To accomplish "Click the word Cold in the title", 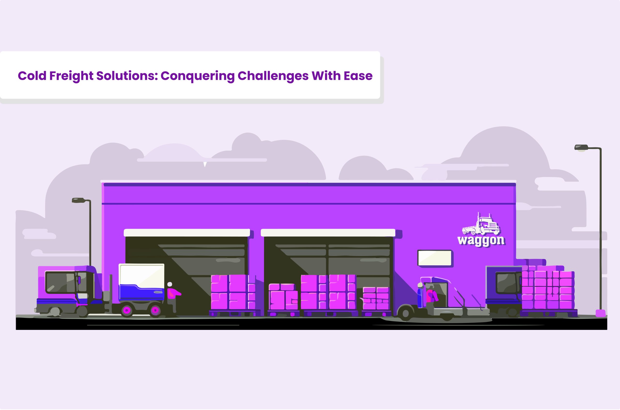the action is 32,76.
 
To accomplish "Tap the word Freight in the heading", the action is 71,76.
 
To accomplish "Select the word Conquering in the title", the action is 197,76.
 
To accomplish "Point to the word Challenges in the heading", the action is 273,76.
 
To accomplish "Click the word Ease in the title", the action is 358,76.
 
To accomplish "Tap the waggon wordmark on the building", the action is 481,240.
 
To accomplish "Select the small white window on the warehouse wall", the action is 434,258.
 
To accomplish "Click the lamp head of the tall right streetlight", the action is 581,148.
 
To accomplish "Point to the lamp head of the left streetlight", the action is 79,200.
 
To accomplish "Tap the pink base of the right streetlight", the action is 600,313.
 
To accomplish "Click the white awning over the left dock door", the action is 187,233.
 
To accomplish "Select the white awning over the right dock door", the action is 328,233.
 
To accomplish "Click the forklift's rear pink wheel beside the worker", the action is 155,310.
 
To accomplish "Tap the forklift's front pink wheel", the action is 127,310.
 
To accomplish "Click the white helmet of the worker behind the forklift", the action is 170,284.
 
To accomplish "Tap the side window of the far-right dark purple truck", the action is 506,283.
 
